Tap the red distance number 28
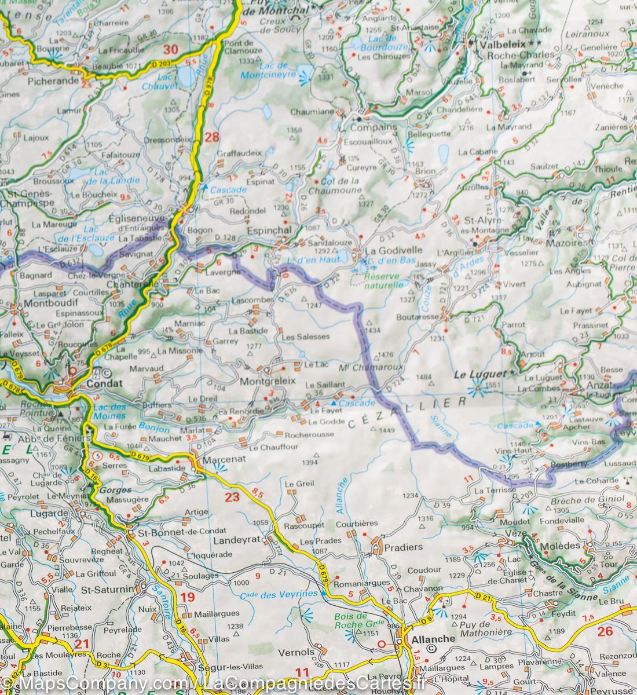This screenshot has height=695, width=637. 212,137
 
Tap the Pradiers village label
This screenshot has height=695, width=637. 404,547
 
